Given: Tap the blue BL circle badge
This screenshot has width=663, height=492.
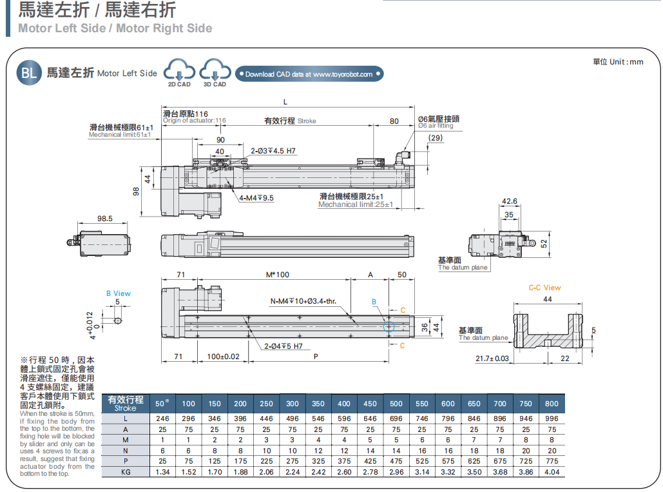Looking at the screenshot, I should pos(30,73).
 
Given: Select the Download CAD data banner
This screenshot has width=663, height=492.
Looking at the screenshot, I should pos(309,74).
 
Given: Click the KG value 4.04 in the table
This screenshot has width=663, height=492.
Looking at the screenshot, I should pos(552,472).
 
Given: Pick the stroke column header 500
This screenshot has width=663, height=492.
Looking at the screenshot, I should pos(396,404).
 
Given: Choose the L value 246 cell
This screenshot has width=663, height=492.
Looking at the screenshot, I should pos(162,418).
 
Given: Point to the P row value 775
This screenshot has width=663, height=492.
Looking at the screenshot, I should pos(552,461).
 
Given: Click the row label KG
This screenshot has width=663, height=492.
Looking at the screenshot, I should pos(126,472).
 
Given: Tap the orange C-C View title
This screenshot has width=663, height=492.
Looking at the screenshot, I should pos(544,288).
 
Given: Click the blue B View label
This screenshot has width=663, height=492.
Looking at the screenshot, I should pos(119,293).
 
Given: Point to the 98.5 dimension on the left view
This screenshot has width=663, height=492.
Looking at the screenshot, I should pos(105,219).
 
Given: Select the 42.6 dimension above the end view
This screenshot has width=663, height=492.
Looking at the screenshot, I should pos(509,202).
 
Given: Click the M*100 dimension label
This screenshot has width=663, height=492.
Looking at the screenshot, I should pos(278,275).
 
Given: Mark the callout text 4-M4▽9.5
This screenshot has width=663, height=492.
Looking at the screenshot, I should pos(256,198).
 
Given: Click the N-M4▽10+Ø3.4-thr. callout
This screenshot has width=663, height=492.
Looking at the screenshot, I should pos(303,301).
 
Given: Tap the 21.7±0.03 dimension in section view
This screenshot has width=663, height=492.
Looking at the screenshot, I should pos(492,358).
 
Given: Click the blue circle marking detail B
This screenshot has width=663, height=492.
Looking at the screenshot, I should pos(389,326).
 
